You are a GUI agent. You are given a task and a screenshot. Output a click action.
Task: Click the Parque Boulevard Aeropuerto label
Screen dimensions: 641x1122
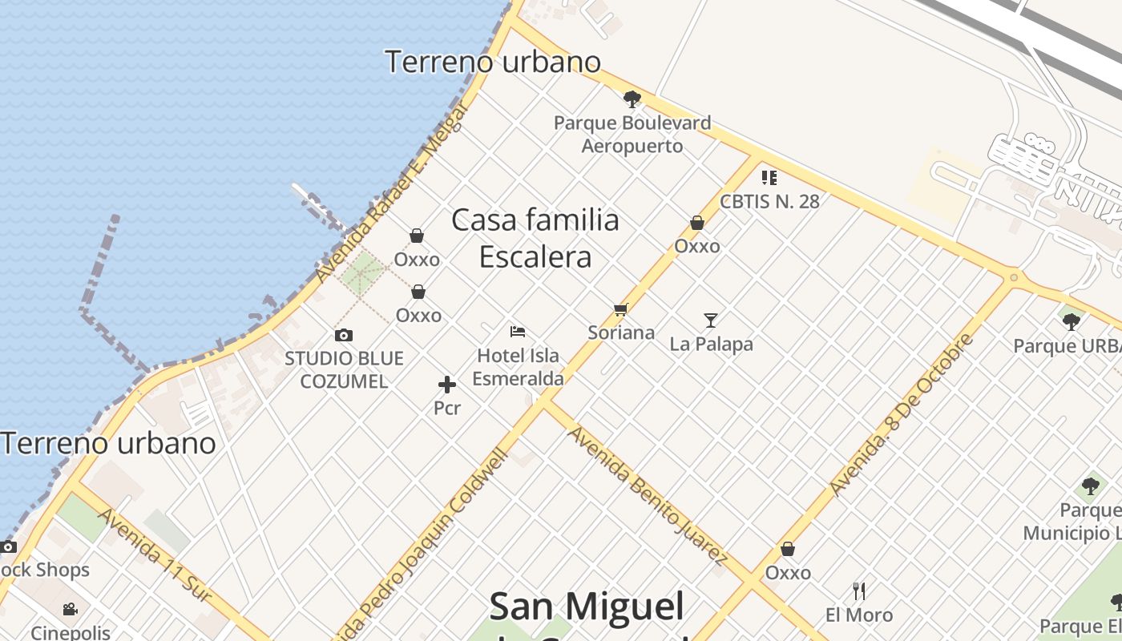pyautogui.click(x=632, y=135)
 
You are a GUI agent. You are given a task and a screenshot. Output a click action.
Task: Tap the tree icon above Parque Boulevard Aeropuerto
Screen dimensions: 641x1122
pyautogui.click(x=632, y=99)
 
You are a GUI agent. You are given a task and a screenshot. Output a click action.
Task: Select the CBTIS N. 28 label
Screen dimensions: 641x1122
pyautogui.click(x=769, y=201)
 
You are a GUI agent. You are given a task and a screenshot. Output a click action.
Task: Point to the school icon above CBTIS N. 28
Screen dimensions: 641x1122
pyautogui.click(x=769, y=177)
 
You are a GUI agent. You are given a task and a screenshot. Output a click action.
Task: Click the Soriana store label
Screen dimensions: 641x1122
pyautogui.click(x=621, y=333)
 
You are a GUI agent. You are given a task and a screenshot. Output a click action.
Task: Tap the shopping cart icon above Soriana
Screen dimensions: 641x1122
pyautogui.click(x=620, y=309)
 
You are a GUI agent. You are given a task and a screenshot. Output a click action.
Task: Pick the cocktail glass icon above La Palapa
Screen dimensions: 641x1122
pyautogui.click(x=711, y=320)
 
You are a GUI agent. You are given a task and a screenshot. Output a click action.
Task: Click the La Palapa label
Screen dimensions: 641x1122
pyautogui.click(x=712, y=345)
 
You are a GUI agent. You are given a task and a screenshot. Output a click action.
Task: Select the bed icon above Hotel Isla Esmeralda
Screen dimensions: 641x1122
pyautogui.click(x=518, y=331)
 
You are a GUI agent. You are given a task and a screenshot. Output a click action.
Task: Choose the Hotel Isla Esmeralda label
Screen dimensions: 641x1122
pyautogui.click(x=518, y=367)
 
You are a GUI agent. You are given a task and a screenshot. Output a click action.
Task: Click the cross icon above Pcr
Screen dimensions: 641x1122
pyautogui.click(x=447, y=385)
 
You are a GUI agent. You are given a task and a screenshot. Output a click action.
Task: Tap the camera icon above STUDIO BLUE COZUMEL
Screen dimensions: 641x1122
pyautogui.click(x=344, y=335)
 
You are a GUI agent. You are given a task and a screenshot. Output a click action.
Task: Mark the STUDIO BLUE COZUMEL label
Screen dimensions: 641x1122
pyautogui.click(x=344, y=369)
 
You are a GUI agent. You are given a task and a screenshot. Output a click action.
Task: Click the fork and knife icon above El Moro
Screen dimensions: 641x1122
pyautogui.click(x=859, y=591)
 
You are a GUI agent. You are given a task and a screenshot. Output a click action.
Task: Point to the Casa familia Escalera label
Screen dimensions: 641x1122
pyautogui.click(x=535, y=238)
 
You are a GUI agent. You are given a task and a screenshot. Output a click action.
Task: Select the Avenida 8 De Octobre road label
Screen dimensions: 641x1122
pyautogui.click(x=901, y=414)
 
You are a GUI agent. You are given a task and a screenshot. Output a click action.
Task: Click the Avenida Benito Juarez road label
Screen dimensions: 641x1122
pyautogui.click(x=647, y=495)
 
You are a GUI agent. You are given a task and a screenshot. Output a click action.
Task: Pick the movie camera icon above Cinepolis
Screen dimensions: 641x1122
pyautogui.click(x=71, y=609)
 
